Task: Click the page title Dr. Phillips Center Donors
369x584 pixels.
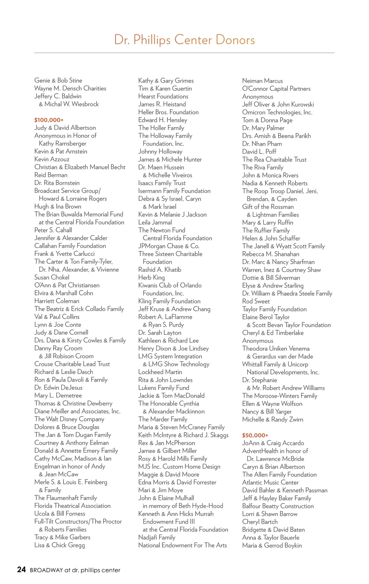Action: tap(184, 40)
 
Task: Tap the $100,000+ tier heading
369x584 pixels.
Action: tap(49, 120)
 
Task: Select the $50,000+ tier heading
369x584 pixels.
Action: tap(255, 435)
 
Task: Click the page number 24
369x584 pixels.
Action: tap(22, 570)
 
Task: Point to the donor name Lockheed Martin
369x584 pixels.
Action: tap(160, 372)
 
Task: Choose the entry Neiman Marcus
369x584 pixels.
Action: tap(262, 81)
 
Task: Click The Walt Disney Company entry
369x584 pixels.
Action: tap(69, 419)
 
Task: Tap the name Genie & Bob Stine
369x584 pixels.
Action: tap(58, 81)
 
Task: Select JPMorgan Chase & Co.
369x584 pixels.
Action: tap(169, 246)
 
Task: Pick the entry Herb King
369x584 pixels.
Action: tap(151, 278)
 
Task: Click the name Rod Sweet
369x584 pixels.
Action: tap(256, 301)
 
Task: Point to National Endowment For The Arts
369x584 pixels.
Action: tap(182, 545)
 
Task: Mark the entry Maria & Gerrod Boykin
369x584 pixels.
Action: tap(272, 545)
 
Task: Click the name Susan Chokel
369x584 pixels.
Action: tap(52, 277)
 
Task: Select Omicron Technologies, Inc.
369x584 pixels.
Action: tap(277, 112)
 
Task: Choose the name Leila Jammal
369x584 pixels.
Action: tap(155, 222)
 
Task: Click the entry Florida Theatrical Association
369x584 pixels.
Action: tap(72, 506)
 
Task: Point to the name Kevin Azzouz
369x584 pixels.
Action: tap(52, 159)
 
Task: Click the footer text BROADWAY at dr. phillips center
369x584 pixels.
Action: tap(75, 570)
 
